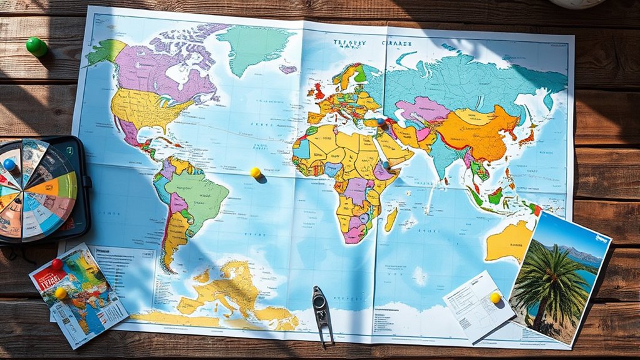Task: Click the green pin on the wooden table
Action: pos(36,46)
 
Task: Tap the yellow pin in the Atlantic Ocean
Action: pos(255,172)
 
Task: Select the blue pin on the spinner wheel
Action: pos(9,165)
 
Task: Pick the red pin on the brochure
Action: pos(56,264)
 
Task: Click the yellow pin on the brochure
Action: pos(61,292)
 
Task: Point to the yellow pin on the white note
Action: pos(495,297)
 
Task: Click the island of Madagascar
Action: pos(391,219)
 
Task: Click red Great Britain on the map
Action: pos(319,91)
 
